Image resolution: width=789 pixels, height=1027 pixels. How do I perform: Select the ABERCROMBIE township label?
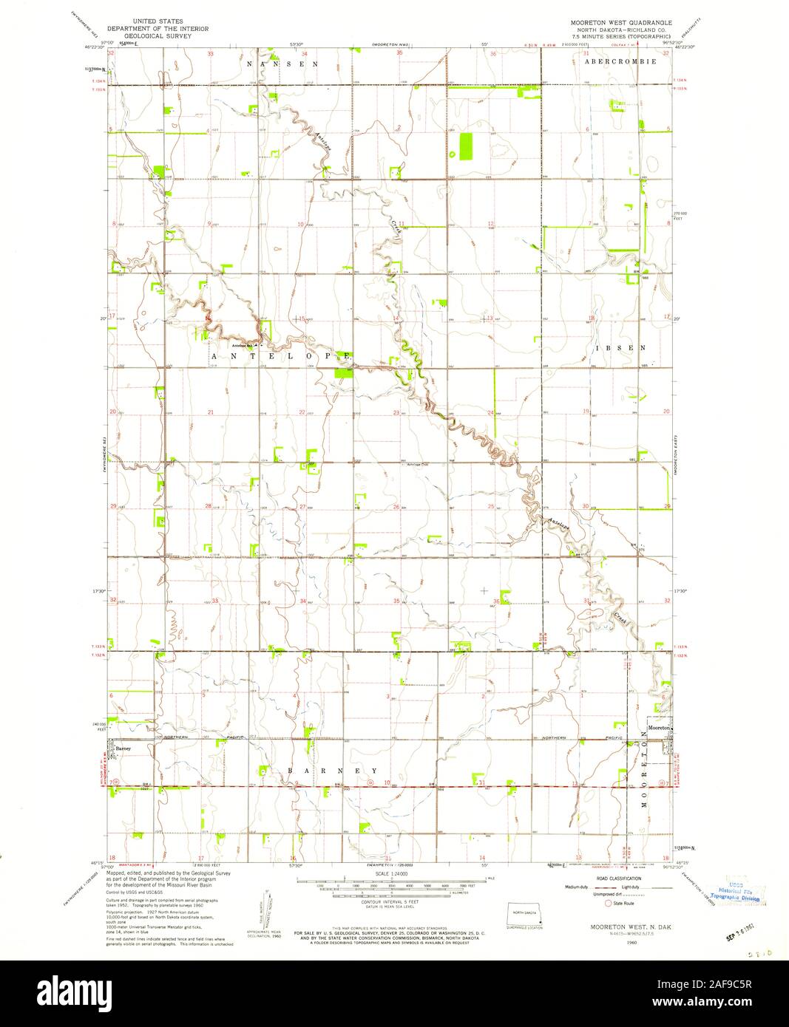pos(620,62)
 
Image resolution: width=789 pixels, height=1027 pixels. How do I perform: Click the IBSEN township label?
pos(622,347)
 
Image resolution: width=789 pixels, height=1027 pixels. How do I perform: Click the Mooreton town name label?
pos(659,729)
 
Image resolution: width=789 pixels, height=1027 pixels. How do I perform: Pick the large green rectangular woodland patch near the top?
pos(466,146)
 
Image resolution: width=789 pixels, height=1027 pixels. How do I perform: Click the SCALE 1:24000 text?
pos(390,874)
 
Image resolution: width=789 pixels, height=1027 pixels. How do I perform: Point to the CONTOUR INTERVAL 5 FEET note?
pos(390,904)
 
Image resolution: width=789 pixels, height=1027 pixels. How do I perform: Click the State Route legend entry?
pos(620,902)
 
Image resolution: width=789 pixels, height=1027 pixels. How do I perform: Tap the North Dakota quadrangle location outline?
pos(525,913)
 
